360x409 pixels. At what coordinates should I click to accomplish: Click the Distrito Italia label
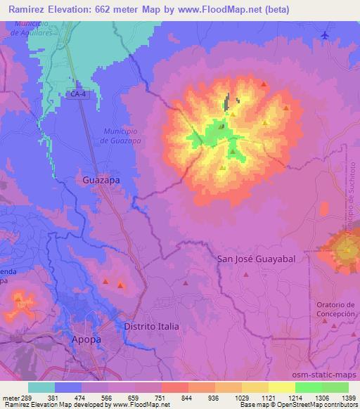coord(151,327)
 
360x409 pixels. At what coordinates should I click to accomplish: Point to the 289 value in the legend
coord(27,398)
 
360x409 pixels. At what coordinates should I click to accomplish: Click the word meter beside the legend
coord(10,398)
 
